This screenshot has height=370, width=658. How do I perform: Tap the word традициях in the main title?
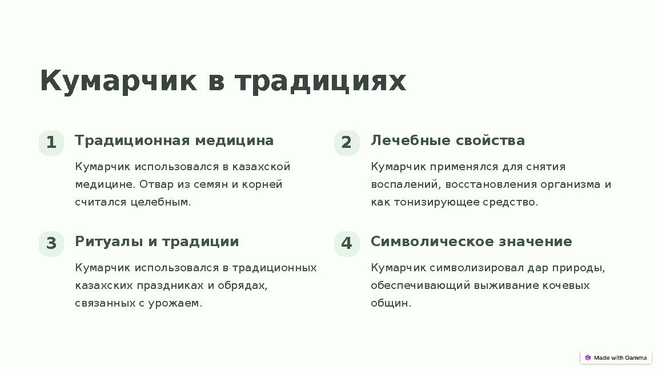(x=320, y=81)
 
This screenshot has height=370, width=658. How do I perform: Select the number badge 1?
(x=51, y=143)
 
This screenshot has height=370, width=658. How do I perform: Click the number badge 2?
(x=347, y=143)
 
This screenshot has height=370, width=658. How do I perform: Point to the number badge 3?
(x=51, y=244)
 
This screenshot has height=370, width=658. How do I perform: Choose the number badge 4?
(x=347, y=244)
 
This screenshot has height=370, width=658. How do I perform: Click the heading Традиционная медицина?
(x=174, y=140)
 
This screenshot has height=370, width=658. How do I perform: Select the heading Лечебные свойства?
(x=448, y=140)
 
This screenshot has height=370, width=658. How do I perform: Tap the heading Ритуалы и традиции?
(x=157, y=242)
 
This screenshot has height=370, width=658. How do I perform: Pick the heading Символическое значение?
(x=471, y=242)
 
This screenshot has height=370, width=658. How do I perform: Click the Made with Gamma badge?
(x=616, y=357)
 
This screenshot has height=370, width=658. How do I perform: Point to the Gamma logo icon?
(x=588, y=357)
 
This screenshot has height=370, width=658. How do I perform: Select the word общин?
(x=391, y=303)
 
